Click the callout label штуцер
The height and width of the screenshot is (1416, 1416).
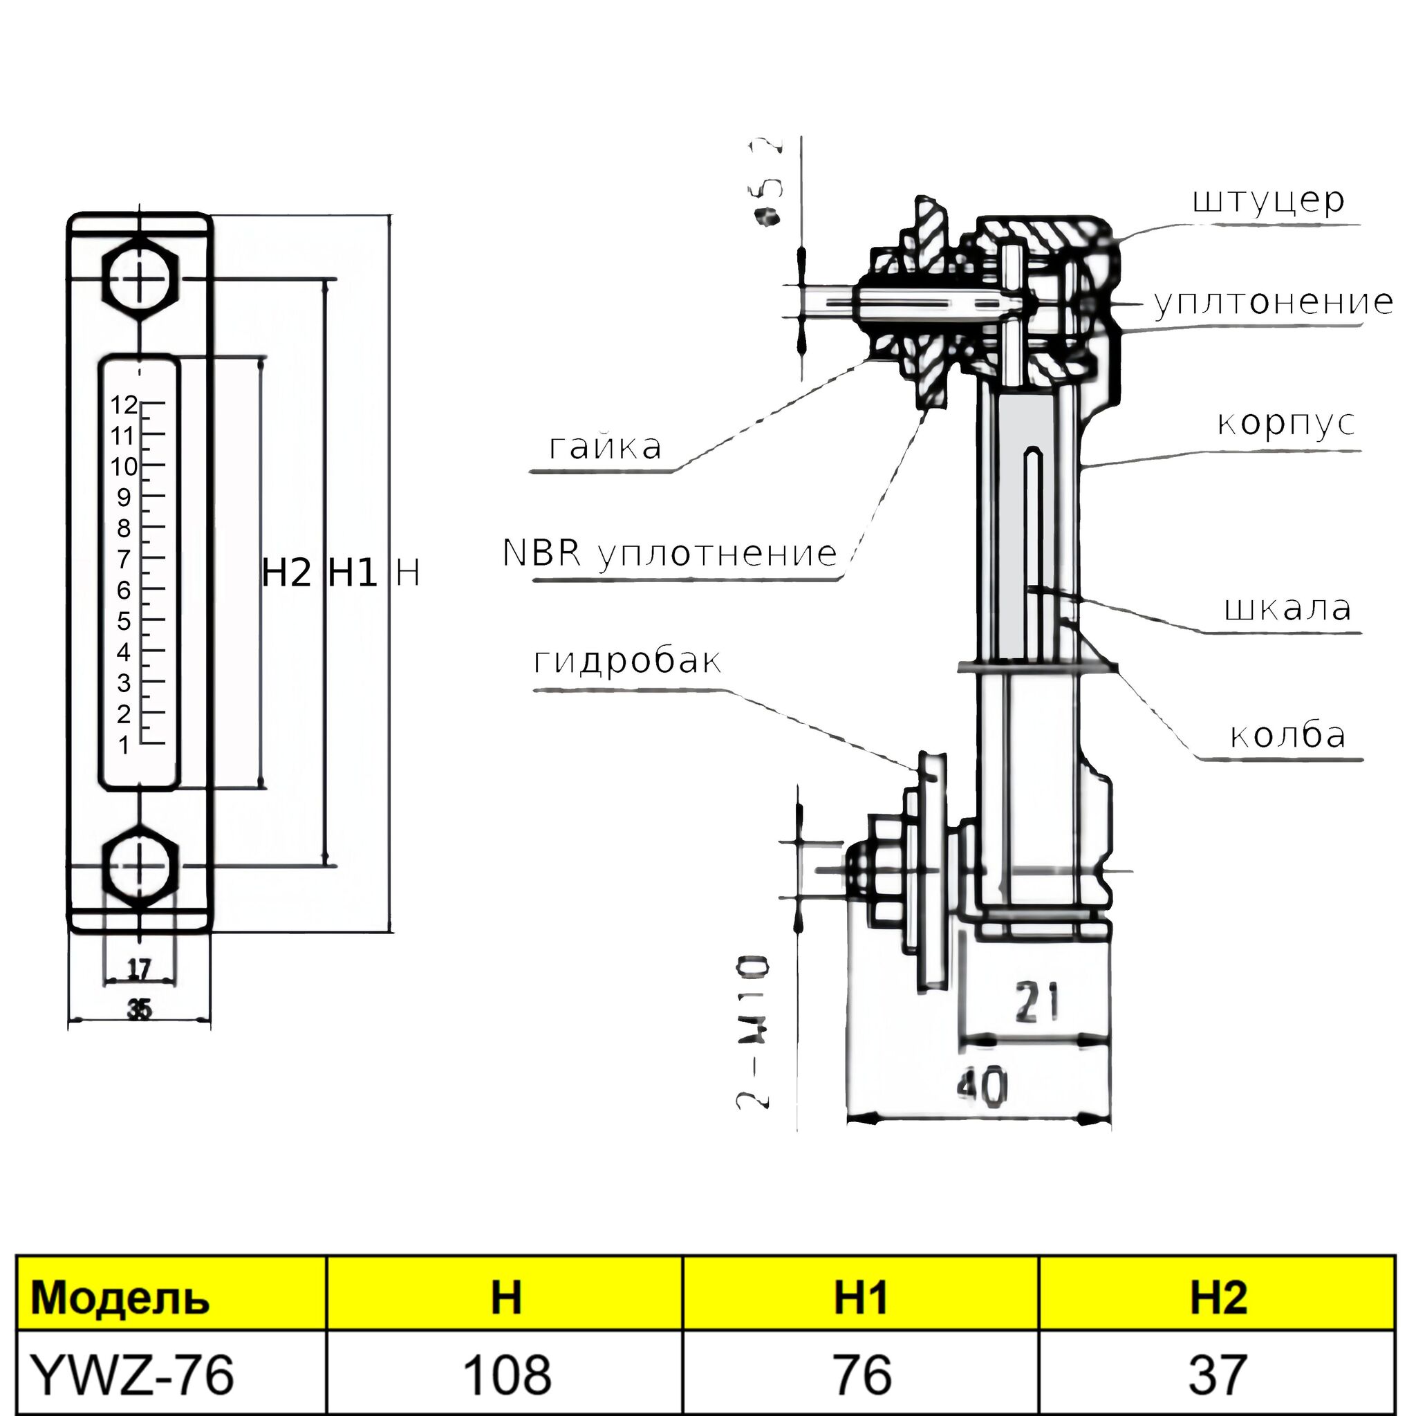click(1268, 200)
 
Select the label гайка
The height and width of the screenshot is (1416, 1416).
click(605, 447)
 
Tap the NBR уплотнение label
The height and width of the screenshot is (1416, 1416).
click(669, 553)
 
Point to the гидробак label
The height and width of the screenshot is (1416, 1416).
click(626, 661)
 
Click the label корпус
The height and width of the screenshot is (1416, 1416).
click(1285, 423)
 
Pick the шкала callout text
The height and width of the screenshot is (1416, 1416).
click(1287, 608)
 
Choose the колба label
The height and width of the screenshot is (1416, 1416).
click(1287, 735)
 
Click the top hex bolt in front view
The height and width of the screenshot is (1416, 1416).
click(140, 279)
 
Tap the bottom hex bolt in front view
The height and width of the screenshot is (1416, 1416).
click(140, 867)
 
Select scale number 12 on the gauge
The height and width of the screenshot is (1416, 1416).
click(124, 404)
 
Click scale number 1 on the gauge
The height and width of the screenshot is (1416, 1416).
click(124, 745)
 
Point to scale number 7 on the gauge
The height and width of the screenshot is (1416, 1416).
click(124, 559)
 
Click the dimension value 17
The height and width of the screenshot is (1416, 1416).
click(139, 969)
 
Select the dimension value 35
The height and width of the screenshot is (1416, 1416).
click(139, 1010)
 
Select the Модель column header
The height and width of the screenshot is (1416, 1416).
click(121, 1297)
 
